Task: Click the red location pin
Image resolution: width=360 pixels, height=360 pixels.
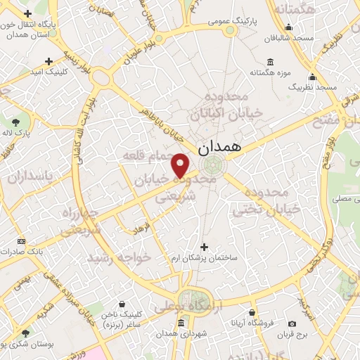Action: click(x=181, y=165)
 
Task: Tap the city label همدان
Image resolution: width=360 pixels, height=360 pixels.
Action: click(x=219, y=147)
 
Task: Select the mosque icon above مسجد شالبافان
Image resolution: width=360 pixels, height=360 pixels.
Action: click(x=288, y=28)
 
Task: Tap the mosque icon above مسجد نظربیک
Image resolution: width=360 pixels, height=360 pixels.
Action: click(x=313, y=77)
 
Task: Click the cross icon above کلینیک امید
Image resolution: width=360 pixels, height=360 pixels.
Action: click(x=48, y=61)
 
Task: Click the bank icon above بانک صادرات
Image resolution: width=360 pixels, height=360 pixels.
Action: click(x=21, y=240)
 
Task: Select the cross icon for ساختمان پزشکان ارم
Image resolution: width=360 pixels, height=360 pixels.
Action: click(x=205, y=247)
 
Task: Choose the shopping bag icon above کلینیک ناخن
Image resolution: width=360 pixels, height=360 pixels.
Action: click(x=122, y=304)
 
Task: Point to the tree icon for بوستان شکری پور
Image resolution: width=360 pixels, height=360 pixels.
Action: click(x=25, y=333)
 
